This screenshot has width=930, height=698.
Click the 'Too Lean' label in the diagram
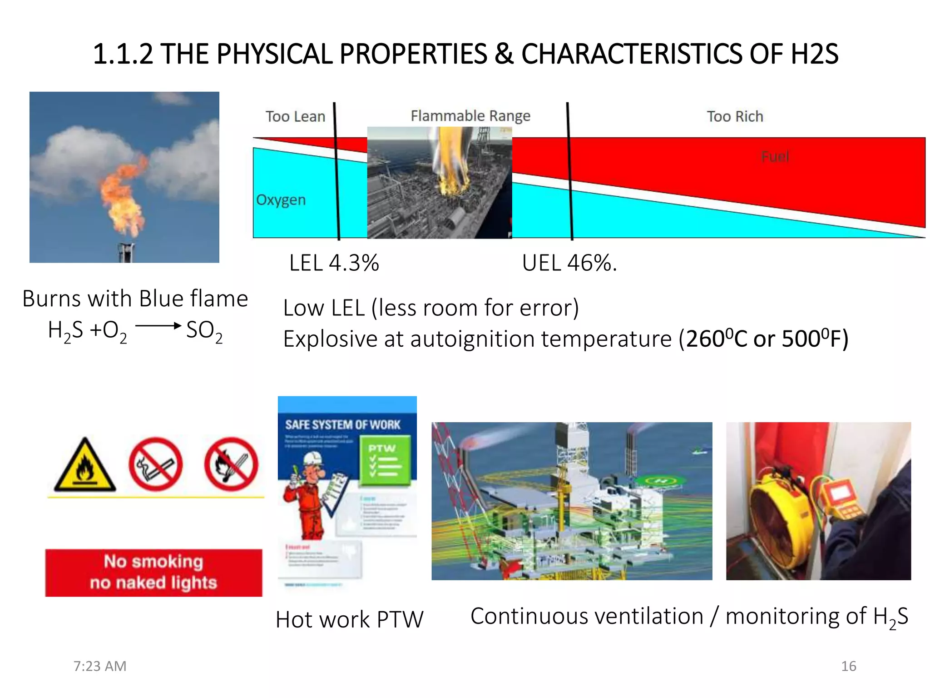295,116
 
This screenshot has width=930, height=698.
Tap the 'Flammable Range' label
470,116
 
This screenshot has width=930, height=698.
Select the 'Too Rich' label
734,116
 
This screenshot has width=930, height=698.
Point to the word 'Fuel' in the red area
775,157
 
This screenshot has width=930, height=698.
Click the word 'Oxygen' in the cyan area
281,200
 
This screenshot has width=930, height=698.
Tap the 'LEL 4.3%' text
334,263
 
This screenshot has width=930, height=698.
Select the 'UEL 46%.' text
569,263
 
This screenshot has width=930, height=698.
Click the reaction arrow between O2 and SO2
158,325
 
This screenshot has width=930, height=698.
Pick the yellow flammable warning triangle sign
84,466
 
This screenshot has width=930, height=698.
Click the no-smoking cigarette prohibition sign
155,464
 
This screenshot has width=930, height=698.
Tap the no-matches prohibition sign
231,464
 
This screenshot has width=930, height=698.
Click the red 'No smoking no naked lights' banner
153,573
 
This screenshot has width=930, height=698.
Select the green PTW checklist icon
385,460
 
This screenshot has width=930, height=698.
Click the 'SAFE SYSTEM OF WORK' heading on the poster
343,425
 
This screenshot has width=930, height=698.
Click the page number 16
848,666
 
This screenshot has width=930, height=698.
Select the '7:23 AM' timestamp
100,666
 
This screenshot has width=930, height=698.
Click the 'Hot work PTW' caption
349,620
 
